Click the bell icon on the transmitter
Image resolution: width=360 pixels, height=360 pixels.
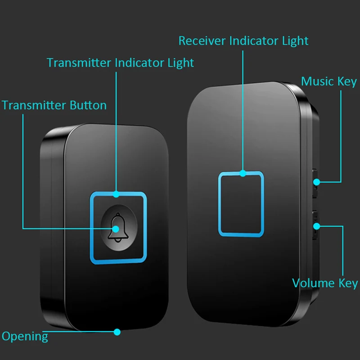[118, 227]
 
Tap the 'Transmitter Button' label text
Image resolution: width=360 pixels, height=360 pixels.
[54, 106]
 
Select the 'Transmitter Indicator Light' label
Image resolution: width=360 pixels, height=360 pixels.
[120, 63]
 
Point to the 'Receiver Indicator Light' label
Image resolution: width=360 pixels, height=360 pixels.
[243, 40]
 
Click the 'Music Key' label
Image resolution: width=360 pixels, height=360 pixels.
[328, 81]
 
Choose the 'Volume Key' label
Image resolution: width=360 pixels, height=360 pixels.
[325, 283]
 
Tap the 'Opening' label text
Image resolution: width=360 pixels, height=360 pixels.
[25, 336]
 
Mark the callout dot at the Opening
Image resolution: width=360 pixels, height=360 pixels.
[117, 332]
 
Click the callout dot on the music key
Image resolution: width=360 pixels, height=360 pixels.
[317, 182]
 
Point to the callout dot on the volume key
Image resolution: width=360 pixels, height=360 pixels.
[317, 225]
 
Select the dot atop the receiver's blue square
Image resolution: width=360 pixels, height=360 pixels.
[243, 173]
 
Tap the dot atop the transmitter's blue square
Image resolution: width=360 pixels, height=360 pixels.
[116, 194]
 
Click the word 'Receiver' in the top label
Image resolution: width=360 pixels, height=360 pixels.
[202, 40]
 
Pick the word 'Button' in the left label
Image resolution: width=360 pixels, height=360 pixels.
[88, 106]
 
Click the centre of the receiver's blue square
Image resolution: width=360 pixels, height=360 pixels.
[241, 203]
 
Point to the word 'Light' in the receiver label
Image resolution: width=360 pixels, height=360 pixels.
[295, 40]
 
